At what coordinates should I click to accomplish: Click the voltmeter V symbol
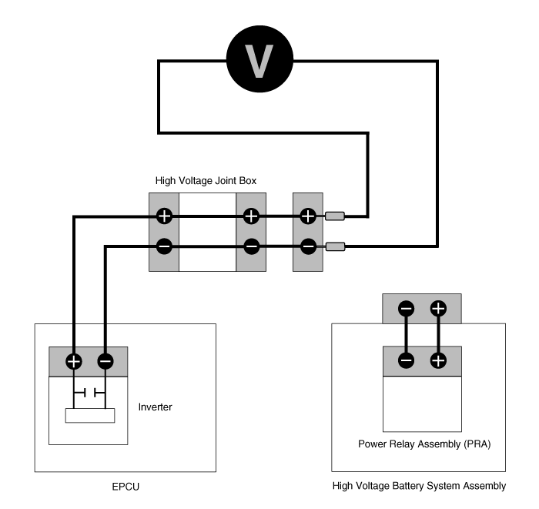point(259,59)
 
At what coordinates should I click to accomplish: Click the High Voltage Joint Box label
point(206,181)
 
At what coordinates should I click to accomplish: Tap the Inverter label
point(155,407)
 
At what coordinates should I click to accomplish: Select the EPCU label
point(126,487)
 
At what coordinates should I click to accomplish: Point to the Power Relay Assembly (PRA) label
point(424,444)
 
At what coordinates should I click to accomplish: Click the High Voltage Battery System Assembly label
point(419,486)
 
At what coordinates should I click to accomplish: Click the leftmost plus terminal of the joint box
point(164,216)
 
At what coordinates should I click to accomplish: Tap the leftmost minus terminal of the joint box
point(164,246)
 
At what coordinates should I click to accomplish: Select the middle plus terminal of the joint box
point(251,216)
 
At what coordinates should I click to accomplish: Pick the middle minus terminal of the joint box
point(251,246)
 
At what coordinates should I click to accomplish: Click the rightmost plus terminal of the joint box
point(308,216)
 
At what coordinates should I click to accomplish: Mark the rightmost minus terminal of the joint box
point(308,246)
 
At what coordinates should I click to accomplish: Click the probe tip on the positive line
point(335,216)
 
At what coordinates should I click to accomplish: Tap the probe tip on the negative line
point(335,246)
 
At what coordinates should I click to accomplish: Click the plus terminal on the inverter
point(74,361)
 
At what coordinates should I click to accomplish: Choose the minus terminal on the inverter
point(105,361)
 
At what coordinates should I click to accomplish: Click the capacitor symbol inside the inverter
point(89,393)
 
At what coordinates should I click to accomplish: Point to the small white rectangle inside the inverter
point(90,416)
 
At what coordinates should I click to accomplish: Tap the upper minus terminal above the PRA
point(407,308)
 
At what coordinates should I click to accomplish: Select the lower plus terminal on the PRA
point(438,360)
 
